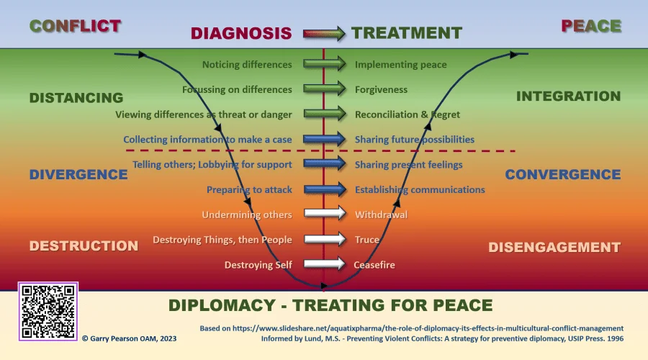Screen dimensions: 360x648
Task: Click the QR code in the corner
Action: click(x=48, y=311)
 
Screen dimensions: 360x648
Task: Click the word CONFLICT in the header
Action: click(x=75, y=27)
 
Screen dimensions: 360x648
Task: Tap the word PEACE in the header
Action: click(x=590, y=27)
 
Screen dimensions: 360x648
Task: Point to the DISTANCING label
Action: click(x=76, y=97)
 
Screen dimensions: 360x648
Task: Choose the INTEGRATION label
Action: click(x=568, y=96)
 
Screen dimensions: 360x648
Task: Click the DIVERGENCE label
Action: click(x=78, y=174)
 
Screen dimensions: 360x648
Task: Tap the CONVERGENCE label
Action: click(x=562, y=174)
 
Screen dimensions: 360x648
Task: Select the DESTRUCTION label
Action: click(x=84, y=246)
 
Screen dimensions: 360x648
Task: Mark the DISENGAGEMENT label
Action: click(x=554, y=247)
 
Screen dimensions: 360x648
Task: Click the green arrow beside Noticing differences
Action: click(x=325, y=65)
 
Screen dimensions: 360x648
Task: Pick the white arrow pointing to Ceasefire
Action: click(x=325, y=264)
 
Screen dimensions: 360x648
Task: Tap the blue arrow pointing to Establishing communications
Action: click(x=325, y=189)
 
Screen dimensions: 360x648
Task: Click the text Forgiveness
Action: click(x=381, y=90)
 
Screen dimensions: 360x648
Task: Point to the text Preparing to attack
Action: click(x=249, y=190)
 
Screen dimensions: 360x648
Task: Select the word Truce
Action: click(x=367, y=240)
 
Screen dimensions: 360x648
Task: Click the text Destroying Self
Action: click(x=258, y=265)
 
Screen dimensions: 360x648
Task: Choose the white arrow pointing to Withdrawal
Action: click(x=325, y=215)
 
